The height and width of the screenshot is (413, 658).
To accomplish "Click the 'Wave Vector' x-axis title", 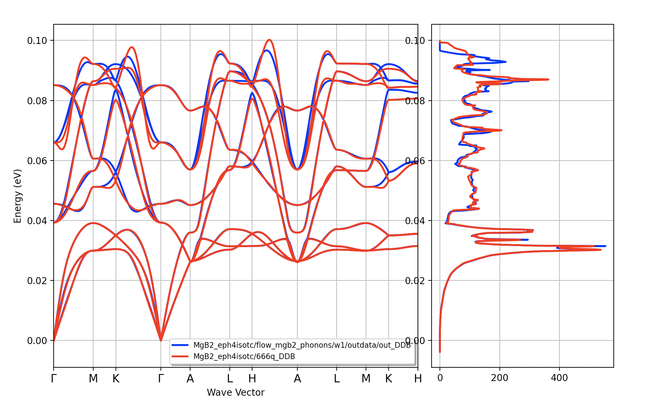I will (x=235, y=392).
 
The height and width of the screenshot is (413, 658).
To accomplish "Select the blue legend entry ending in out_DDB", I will (x=302, y=345).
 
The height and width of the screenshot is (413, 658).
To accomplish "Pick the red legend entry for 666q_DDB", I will (x=244, y=356).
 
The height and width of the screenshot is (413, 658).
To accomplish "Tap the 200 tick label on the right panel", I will (x=499, y=378).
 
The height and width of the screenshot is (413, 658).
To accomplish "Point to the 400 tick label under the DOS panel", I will (x=559, y=378).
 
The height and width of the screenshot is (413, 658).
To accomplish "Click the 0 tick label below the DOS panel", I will (x=440, y=378).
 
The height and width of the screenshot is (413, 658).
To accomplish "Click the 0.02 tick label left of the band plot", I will (x=37, y=281).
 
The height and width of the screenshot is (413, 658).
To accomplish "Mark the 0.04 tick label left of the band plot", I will (x=37, y=221).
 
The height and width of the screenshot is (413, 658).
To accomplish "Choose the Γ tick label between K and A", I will (x=161, y=379).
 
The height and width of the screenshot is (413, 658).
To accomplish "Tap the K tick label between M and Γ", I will (x=116, y=379).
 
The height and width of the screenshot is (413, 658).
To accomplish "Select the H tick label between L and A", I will (x=252, y=379).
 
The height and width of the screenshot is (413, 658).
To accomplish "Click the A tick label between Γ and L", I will (x=190, y=379).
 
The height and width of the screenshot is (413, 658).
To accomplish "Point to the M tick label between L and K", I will (x=366, y=379).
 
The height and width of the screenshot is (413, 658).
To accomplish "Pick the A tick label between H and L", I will (x=297, y=379).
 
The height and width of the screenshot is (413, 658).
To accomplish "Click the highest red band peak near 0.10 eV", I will (x=269, y=40).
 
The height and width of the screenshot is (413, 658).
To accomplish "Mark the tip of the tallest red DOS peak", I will (x=601, y=249).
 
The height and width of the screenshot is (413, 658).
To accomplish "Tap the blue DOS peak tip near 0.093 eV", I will (x=506, y=62).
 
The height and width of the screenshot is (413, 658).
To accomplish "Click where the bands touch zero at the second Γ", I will (x=161, y=340).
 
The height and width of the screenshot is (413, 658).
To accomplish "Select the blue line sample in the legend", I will (x=180, y=345).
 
